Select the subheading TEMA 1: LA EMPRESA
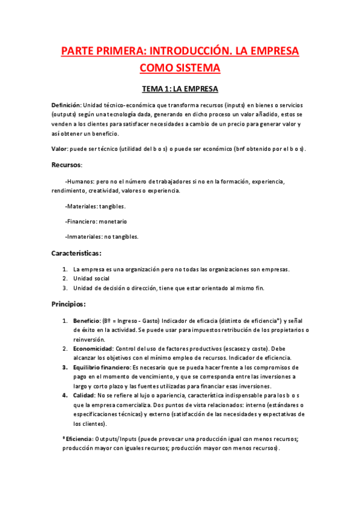[180, 90]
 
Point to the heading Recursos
[67, 164]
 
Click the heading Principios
[69, 304]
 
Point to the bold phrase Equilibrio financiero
[102, 367]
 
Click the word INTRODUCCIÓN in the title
[190, 49]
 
